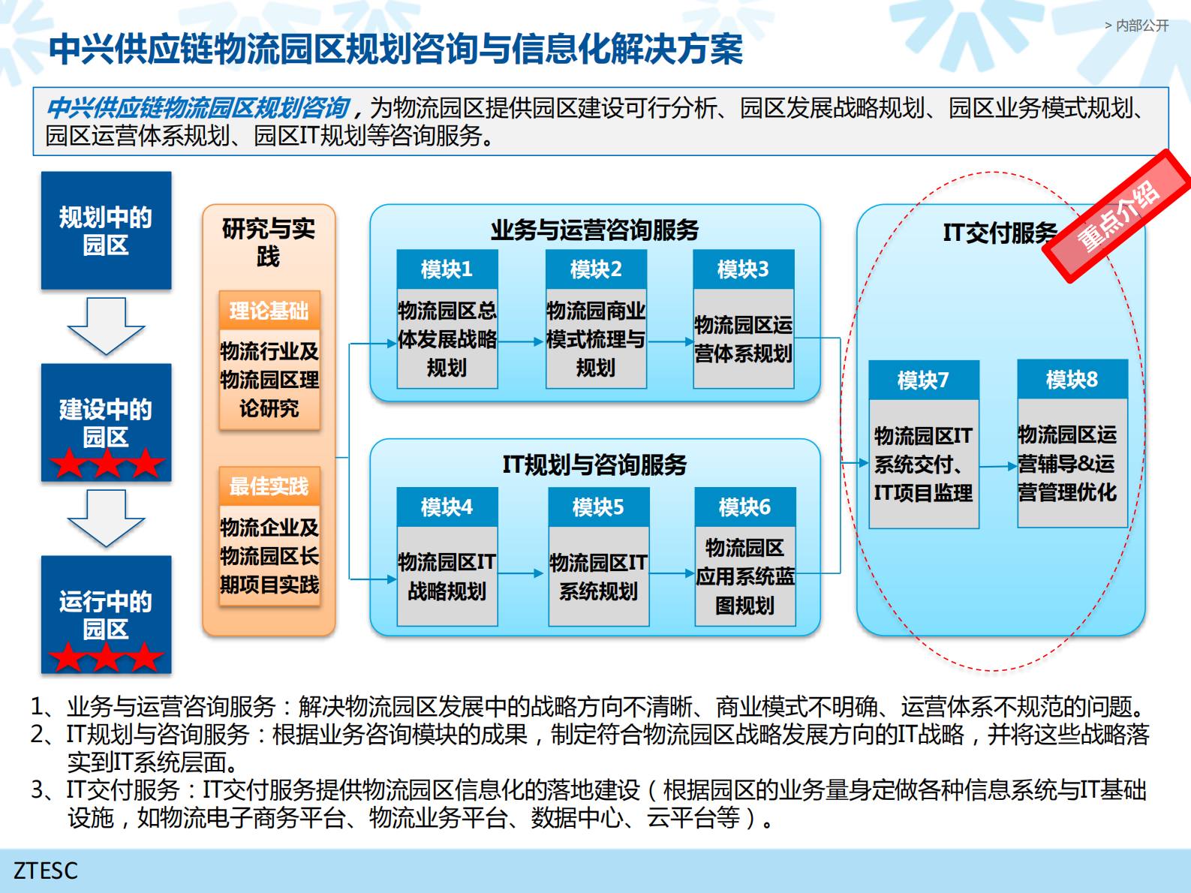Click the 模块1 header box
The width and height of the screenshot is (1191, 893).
pos(447,269)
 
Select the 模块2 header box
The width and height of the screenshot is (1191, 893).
pos(596,269)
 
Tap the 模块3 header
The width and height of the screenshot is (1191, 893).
pos(743,269)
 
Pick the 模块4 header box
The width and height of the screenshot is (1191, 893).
pos(447,507)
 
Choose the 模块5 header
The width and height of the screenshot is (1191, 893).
pos(598,507)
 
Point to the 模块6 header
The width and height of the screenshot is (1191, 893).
pos(744,507)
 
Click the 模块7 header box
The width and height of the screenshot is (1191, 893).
pos(923,380)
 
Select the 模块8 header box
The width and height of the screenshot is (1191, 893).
pos(1072,380)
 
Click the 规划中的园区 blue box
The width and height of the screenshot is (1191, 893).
pos(106,230)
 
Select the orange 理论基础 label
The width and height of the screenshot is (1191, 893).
pos(269,311)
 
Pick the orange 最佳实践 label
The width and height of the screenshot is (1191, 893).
pos(269,486)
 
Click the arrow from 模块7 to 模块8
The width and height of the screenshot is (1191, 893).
pos(998,466)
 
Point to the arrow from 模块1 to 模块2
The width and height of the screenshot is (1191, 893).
pos(521,341)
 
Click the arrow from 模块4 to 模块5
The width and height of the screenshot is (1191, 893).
pos(522,573)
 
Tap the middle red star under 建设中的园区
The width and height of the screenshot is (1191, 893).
pos(106,464)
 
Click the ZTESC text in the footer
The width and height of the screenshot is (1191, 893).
pos(46,870)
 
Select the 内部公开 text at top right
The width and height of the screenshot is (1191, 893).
pos(1141,26)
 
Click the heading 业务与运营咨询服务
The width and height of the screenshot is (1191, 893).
pos(594,230)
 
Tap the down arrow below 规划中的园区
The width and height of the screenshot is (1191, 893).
pos(106,326)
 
